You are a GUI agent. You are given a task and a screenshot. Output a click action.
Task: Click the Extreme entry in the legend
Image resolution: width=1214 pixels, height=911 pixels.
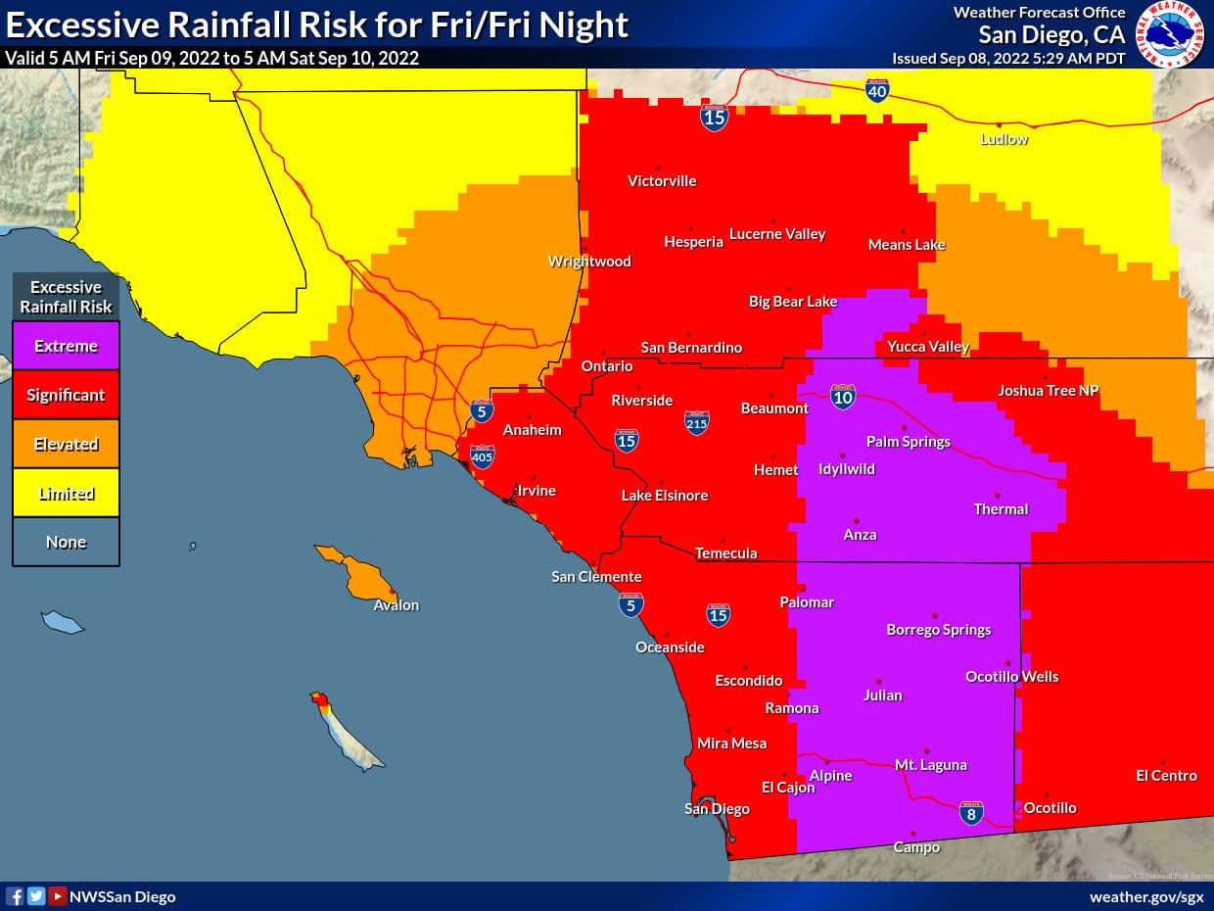point(66,346)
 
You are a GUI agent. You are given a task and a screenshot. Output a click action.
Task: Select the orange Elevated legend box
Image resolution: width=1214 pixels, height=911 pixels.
point(66,444)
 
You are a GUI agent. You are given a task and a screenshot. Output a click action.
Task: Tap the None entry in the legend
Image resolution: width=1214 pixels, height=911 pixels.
point(66,542)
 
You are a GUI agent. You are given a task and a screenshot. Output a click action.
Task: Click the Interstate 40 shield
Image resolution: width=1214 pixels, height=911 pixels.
point(877,91)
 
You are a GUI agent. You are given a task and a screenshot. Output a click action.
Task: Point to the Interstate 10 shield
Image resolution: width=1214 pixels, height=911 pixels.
point(842,396)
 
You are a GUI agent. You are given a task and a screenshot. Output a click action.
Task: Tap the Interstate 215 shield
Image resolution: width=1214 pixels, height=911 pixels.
point(696,422)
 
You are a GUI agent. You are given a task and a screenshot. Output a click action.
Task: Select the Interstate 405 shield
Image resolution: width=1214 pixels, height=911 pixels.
point(482,455)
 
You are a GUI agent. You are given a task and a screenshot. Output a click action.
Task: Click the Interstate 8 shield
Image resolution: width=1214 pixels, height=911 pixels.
point(970,813)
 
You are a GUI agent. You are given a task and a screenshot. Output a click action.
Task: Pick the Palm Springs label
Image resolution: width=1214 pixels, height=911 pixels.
point(908,441)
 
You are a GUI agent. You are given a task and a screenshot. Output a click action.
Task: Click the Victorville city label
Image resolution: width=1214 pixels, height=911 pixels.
point(662,180)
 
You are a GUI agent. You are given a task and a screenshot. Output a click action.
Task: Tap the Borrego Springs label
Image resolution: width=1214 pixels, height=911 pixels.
point(938,630)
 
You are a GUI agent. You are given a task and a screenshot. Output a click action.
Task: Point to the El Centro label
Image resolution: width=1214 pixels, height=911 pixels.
point(1166,775)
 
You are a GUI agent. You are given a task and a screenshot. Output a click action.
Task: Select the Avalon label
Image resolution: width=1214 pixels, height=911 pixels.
point(396,605)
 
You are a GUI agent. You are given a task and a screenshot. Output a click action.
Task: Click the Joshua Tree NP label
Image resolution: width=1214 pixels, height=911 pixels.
point(1048,391)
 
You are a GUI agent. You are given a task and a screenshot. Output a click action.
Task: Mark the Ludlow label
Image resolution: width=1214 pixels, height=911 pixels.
point(1004,139)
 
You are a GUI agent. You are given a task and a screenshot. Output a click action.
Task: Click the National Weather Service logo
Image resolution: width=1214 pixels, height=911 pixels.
point(1170,34)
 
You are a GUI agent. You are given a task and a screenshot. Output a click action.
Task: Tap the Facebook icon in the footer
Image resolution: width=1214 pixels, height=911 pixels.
point(15,896)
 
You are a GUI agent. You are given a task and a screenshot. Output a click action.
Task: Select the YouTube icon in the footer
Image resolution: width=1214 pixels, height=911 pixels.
point(58,896)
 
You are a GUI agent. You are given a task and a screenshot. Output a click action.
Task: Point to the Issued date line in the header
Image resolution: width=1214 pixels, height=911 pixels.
point(1008,58)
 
